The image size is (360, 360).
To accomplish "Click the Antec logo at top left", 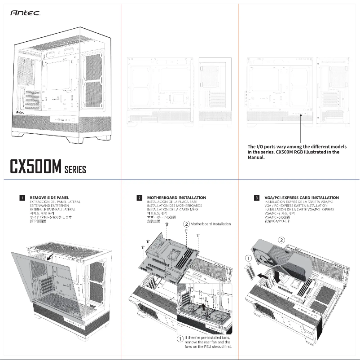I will (x=25, y=14).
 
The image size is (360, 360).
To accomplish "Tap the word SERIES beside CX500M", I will (x=75, y=170).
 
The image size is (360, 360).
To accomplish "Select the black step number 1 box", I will (x=22, y=198).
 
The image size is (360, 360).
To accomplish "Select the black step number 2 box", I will (x=140, y=198).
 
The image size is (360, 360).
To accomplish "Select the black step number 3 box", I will (x=256, y=198).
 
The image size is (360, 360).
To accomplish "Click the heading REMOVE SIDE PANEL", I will (x=49, y=198).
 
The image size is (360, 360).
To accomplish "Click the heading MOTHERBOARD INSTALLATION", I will (x=176, y=198).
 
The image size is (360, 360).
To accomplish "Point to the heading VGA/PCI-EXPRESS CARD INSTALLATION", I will (x=302, y=198).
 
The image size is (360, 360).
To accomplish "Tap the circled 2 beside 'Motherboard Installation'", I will (x=186, y=224).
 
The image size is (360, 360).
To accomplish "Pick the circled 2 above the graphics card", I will (x=281, y=240).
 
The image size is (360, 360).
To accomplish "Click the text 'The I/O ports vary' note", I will (x=297, y=152).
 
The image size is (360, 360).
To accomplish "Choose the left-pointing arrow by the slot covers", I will (x=264, y=277).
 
